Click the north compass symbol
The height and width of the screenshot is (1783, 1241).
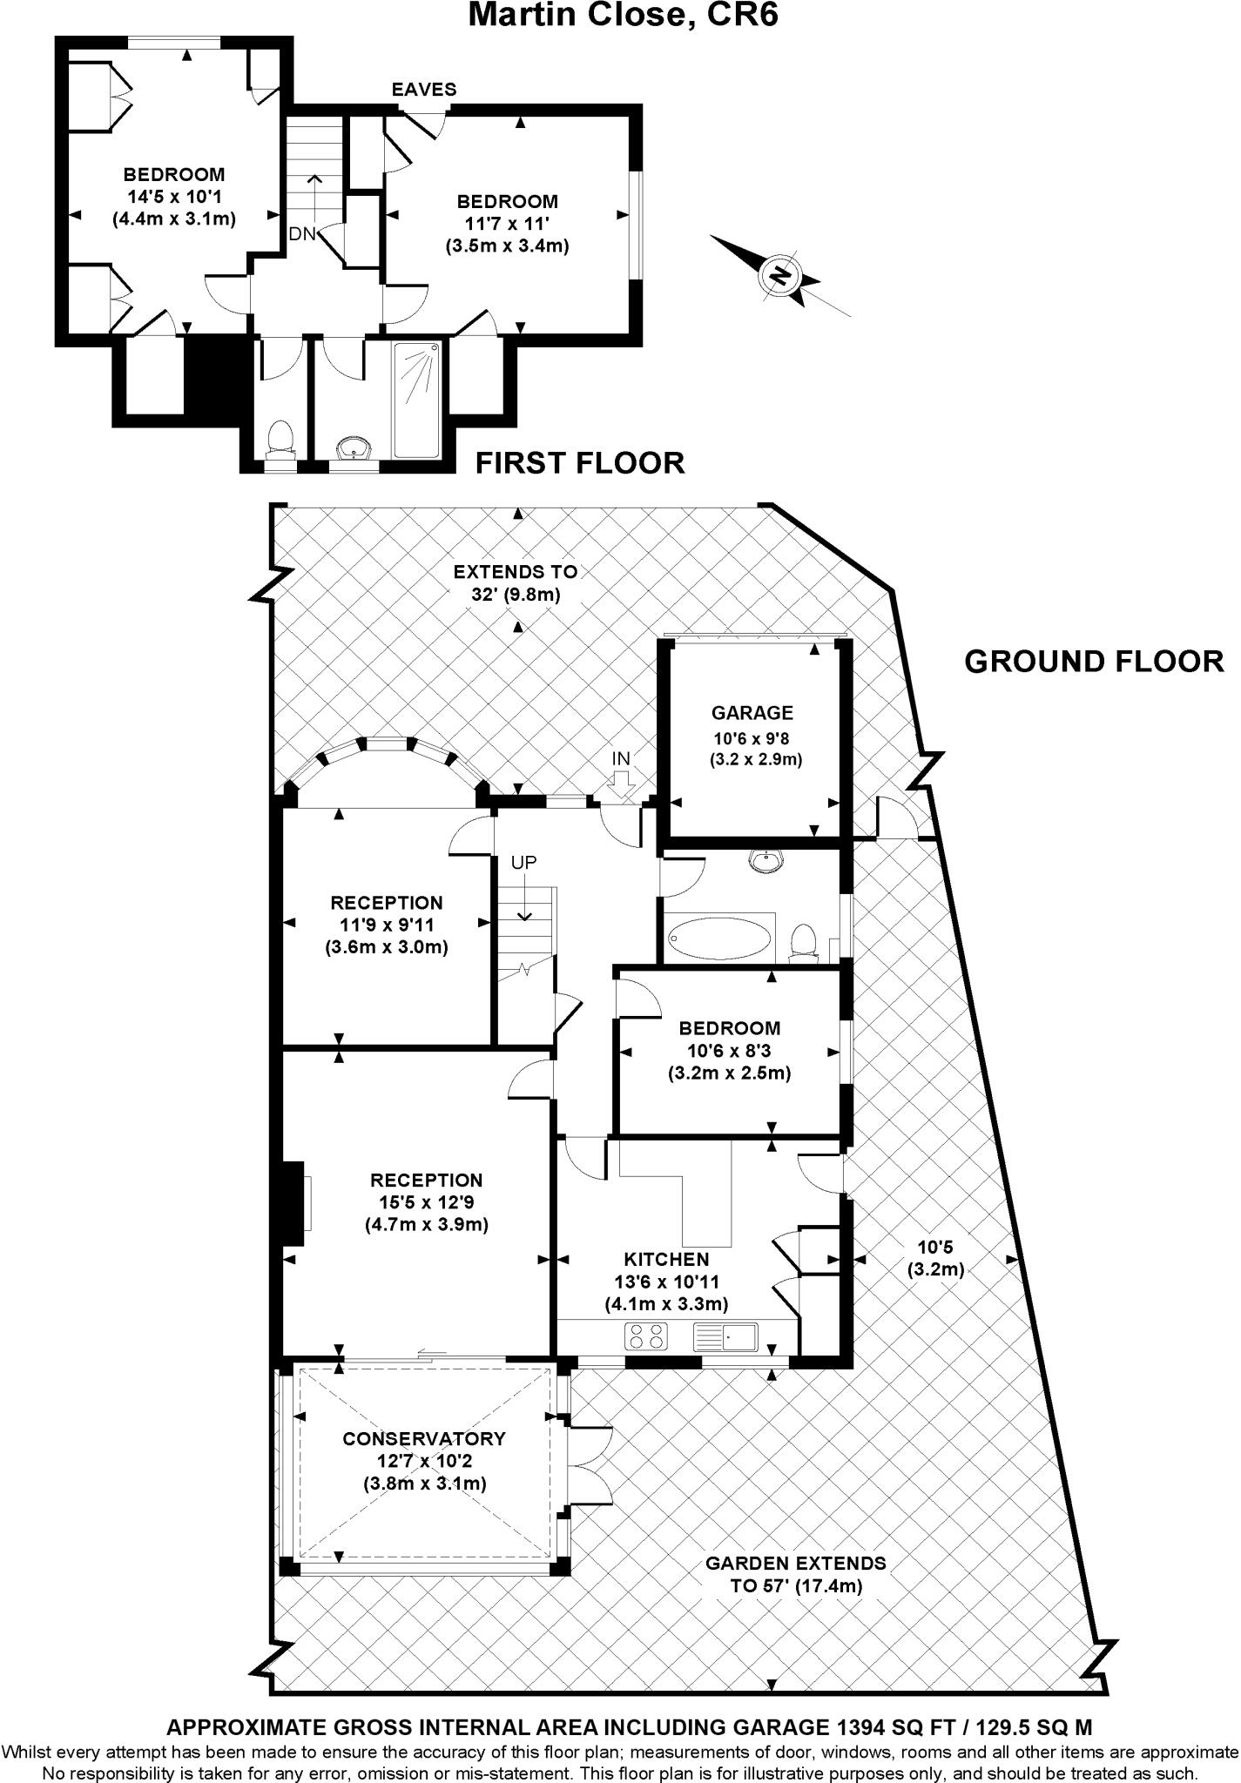tap(781, 275)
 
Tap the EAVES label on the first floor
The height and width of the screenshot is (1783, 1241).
tap(423, 90)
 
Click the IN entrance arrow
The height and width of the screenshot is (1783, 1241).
tap(621, 783)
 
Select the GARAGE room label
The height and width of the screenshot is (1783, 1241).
tap(752, 713)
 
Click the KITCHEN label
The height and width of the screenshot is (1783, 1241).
tap(666, 1259)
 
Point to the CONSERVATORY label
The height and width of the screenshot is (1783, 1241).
tap(424, 1439)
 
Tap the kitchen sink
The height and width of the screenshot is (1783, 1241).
tap(726, 1336)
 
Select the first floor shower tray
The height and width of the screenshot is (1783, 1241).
tap(417, 399)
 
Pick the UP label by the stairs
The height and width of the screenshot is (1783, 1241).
tap(523, 863)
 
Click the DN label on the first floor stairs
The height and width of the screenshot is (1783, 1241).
tap(302, 234)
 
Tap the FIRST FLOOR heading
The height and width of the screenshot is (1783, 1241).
tap(579, 462)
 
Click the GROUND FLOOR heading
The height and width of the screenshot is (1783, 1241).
tap(1094, 662)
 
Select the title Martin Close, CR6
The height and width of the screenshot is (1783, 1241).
tap(622, 15)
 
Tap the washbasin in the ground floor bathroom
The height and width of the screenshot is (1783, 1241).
tap(767, 860)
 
